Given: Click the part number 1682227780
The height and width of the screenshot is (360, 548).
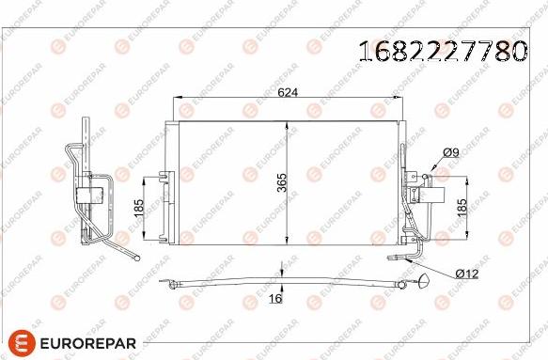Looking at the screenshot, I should (443, 51).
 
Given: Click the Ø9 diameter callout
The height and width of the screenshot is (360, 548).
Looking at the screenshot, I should (450, 153).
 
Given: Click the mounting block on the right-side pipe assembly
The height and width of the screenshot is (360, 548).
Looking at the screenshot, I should (433, 194).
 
